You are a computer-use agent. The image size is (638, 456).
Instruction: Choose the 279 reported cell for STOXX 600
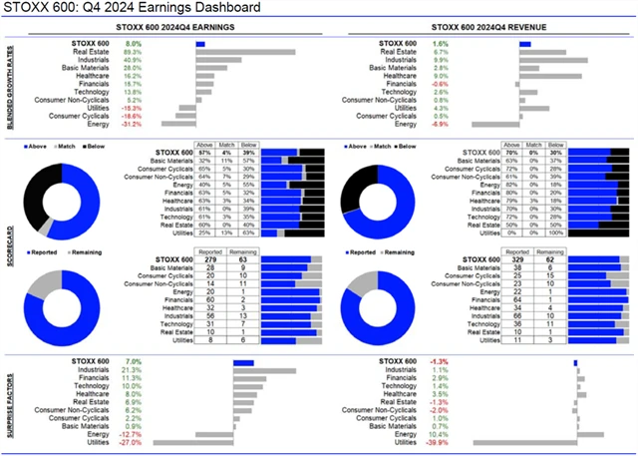pos(210,259)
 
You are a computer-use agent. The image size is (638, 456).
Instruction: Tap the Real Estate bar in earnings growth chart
pos(245,53)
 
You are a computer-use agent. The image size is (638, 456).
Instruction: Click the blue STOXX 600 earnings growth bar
pos(200,45)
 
